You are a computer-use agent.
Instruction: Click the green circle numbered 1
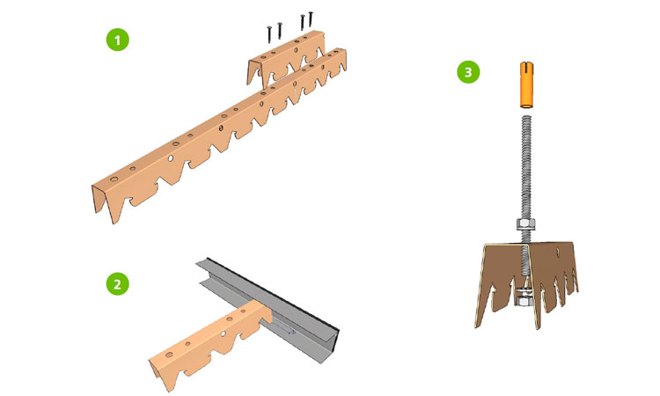click(x=117, y=40)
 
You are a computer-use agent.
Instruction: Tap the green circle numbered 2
click(x=117, y=283)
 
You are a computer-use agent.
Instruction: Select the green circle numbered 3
click(x=468, y=71)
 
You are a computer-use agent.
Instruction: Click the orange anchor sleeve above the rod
click(x=526, y=84)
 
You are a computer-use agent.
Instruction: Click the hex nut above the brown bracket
click(x=525, y=224)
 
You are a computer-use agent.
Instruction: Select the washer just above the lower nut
click(x=523, y=290)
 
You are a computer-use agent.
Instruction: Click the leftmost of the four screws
click(x=269, y=34)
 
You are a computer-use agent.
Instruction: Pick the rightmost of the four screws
click(x=311, y=18)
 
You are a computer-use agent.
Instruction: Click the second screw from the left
click(x=279, y=30)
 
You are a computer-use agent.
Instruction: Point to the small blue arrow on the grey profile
click(x=288, y=329)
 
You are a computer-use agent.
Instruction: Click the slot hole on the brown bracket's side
click(x=559, y=253)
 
